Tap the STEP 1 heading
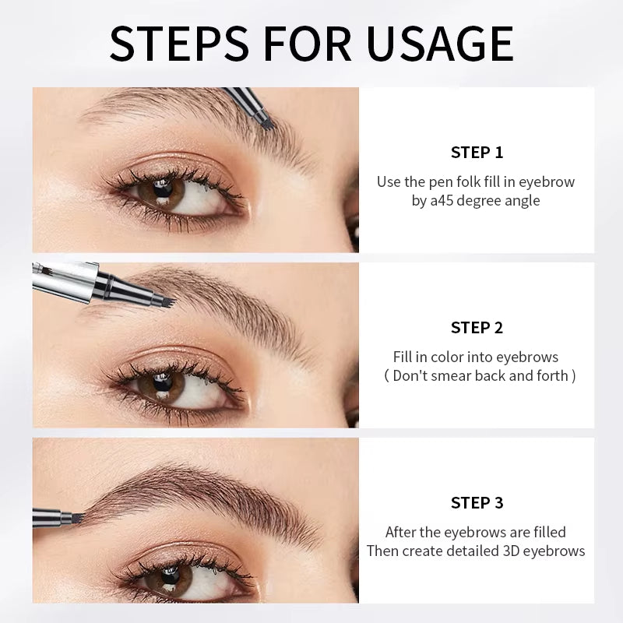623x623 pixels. tap(477, 152)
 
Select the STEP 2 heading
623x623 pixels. tap(477, 327)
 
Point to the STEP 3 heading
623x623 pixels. tap(477, 503)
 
